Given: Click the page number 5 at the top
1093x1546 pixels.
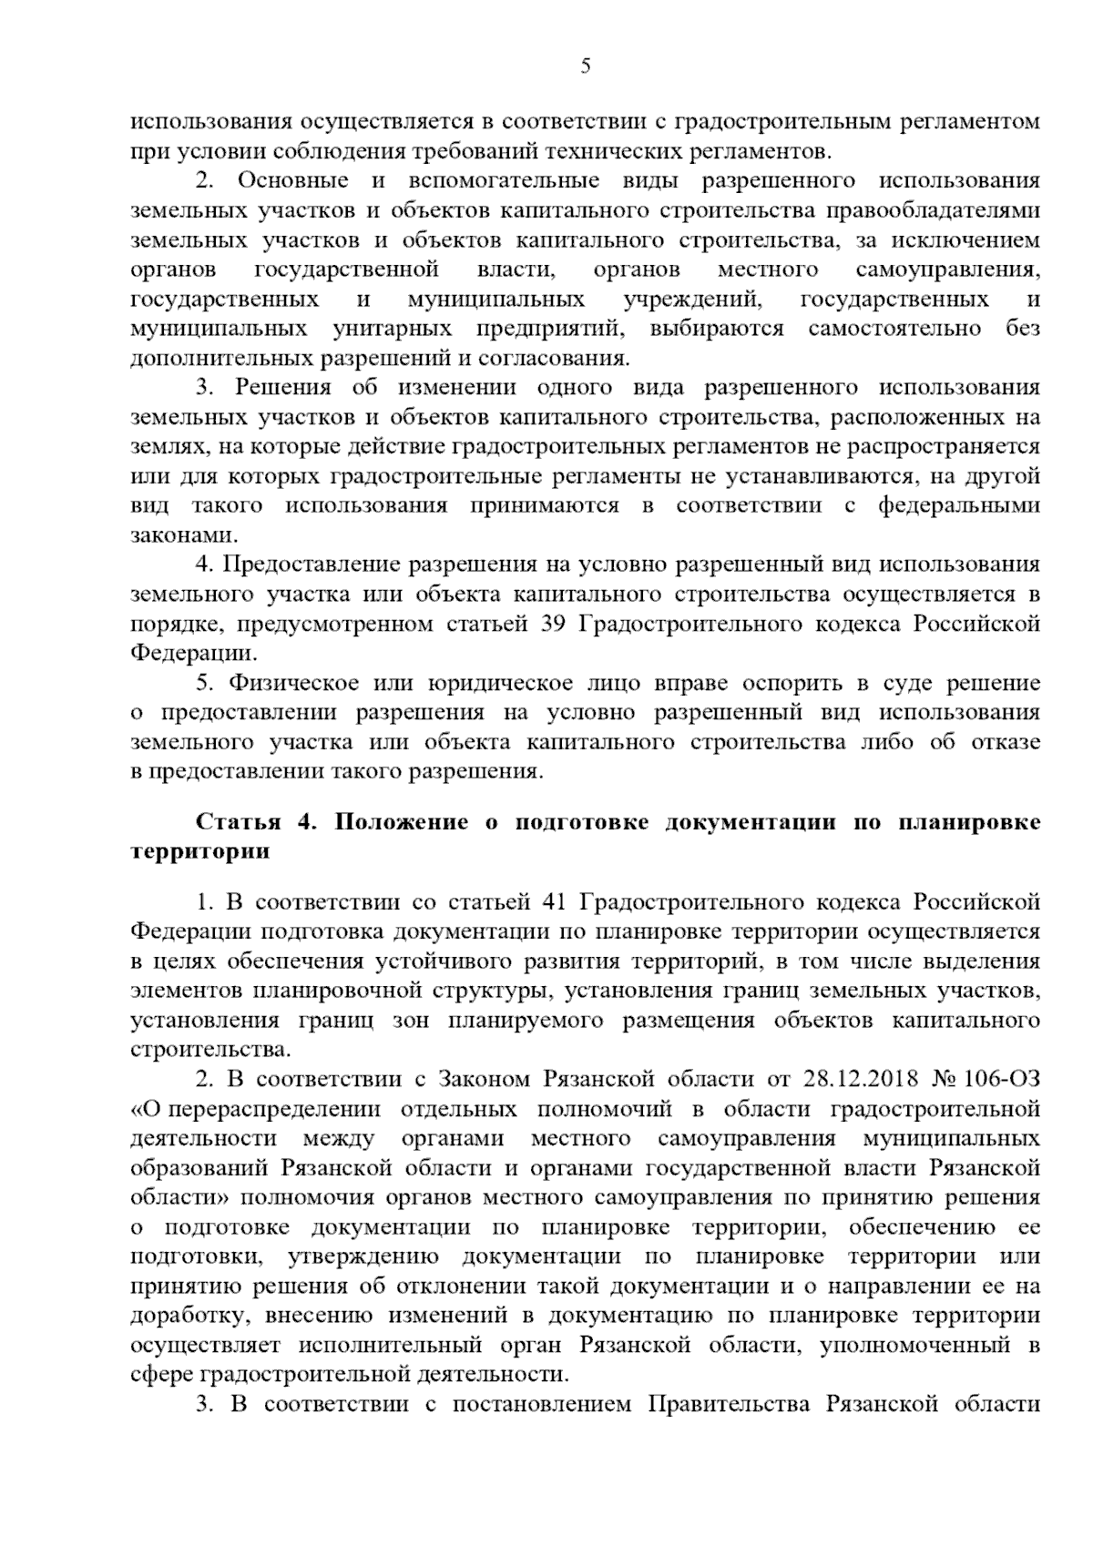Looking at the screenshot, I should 585,66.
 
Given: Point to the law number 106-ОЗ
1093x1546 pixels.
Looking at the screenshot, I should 1002,1080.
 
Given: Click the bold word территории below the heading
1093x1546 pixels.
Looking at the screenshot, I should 200,852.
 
